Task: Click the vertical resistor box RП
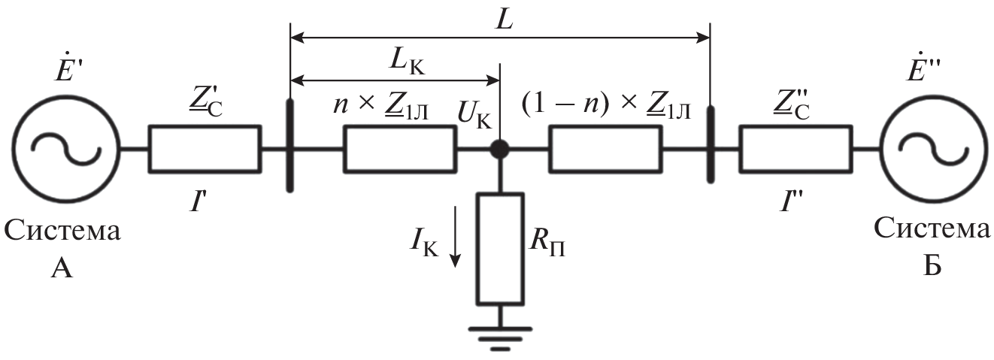[500, 249]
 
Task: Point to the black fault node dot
[500, 150]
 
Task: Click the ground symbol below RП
[500, 334]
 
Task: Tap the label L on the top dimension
[505, 20]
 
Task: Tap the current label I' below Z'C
[199, 202]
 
